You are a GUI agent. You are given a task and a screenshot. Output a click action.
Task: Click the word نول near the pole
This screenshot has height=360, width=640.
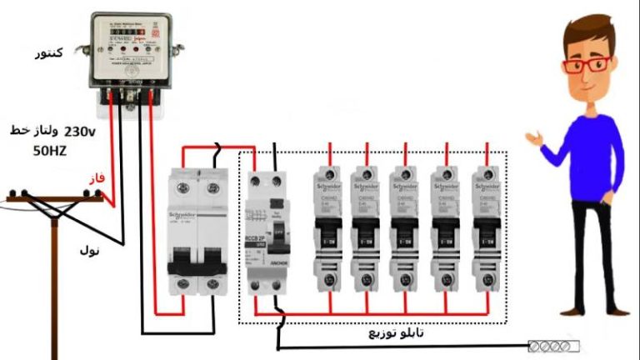89,249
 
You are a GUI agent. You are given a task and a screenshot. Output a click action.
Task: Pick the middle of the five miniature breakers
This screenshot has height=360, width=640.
406,230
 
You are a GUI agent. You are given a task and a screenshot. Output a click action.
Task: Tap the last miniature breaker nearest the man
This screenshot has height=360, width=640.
485,230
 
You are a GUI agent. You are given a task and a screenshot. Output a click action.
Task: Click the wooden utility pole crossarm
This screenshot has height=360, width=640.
55,197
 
